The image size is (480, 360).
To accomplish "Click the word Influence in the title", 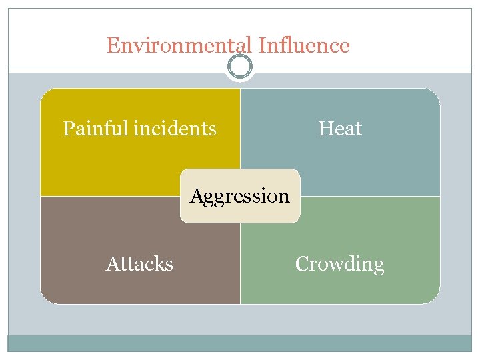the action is (304, 45).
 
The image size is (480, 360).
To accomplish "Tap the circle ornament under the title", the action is (240, 67).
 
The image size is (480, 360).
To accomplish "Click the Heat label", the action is (340, 128).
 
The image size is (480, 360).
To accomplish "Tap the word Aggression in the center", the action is (240, 196).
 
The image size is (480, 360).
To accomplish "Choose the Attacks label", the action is (139, 264).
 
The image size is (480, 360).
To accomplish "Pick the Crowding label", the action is (340, 264).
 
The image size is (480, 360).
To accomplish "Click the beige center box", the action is (240, 212).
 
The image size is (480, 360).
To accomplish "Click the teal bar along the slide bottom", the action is (240, 343).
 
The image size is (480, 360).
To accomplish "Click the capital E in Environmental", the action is (113, 45).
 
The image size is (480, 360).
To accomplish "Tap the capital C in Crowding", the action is (301, 264).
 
